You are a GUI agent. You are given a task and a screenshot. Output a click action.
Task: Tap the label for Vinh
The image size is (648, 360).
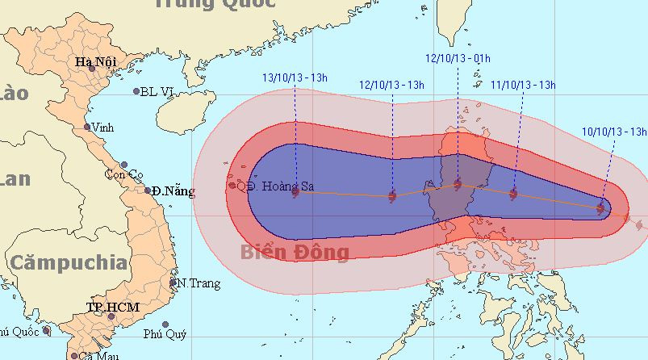click(x=102, y=128)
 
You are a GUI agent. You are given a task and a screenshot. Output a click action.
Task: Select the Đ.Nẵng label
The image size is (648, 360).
click(x=174, y=191)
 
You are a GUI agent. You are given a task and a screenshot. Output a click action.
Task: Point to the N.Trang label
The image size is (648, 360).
click(x=194, y=283)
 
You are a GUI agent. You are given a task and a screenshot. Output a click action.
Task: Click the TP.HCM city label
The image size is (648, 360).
click(x=113, y=308)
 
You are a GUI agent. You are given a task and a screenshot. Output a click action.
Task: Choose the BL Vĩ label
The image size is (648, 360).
click(x=157, y=91)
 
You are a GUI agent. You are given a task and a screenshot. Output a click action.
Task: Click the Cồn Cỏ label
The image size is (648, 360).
click(x=123, y=174)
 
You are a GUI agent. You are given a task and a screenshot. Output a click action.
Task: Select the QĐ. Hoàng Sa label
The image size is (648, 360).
click(x=273, y=185)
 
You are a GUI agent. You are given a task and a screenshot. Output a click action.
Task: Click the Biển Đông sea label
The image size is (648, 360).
click(x=295, y=253)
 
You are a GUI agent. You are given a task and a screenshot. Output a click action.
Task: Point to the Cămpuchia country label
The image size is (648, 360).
click(x=69, y=262)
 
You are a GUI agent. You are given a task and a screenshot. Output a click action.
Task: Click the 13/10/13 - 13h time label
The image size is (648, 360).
click(x=295, y=77)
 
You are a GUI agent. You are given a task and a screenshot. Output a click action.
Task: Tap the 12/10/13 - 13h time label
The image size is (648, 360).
click(x=391, y=85)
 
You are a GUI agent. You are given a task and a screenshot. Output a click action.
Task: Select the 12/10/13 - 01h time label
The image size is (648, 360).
click(x=458, y=58)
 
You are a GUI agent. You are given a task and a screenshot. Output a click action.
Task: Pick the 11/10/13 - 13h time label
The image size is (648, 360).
click(x=524, y=84)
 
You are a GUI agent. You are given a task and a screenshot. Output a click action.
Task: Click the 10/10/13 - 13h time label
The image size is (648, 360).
click(x=614, y=131)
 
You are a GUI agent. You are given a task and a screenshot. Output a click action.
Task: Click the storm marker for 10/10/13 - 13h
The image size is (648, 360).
click(x=600, y=208)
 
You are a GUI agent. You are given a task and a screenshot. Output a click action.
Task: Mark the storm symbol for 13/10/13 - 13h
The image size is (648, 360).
click(x=295, y=192)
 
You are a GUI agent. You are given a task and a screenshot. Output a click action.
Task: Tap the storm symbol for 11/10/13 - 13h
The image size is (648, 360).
click(x=513, y=193)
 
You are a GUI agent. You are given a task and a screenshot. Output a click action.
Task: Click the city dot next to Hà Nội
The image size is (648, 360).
click(x=91, y=70)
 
